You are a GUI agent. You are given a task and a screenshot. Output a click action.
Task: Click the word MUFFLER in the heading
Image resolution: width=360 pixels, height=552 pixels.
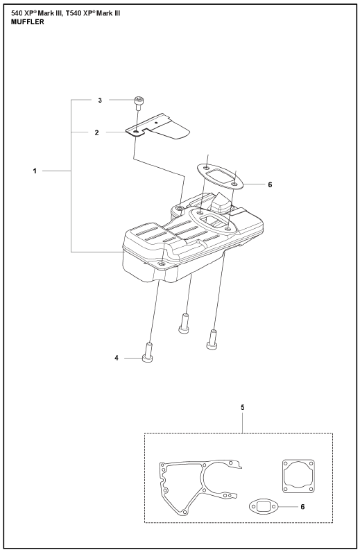pyautogui.click(x=28, y=21)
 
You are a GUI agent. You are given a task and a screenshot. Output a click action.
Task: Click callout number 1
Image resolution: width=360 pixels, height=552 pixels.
pyautogui.click(x=35, y=171)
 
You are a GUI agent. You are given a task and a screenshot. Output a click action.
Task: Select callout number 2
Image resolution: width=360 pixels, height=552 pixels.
pyautogui.click(x=96, y=132)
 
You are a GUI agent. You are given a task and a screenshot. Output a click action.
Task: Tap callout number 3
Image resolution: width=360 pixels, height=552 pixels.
pyautogui.click(x=100, y=101)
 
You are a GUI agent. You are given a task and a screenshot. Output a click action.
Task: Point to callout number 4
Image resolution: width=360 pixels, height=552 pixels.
pyautogui.click(x=117, y=358)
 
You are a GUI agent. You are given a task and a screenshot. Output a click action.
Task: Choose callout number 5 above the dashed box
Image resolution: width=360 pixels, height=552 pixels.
pyautogui.click(x=242, y=407)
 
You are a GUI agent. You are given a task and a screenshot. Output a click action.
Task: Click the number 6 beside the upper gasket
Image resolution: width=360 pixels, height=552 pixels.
pyautogui.click(x=270, y=184)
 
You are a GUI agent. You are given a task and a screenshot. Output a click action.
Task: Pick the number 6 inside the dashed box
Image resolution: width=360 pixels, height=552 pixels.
pyautogui.click(x=302, y=507)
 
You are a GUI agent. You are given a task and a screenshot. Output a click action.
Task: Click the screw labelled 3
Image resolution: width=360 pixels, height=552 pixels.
pyautogui.click(x=138, y=103)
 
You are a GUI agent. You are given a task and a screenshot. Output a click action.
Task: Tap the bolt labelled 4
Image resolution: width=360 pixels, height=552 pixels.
pyautogui.click(x=148, y=352)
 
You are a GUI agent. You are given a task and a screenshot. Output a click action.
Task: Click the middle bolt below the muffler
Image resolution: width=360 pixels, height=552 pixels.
pyautogui.click(x=184, y=324)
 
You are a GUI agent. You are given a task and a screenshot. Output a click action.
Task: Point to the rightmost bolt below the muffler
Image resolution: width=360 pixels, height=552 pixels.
pyautogui.click(x=212, y=339)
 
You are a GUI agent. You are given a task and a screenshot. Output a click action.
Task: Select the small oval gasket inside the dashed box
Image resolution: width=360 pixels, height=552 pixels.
pyautogui.click(x=264, y=507)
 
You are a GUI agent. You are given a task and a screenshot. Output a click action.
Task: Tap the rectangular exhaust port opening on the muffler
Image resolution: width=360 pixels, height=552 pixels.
pyautogui.click(x=213, y=221)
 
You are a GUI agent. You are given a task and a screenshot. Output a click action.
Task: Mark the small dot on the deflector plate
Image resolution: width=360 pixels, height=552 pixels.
pyautogui.click(x=156, y=123)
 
